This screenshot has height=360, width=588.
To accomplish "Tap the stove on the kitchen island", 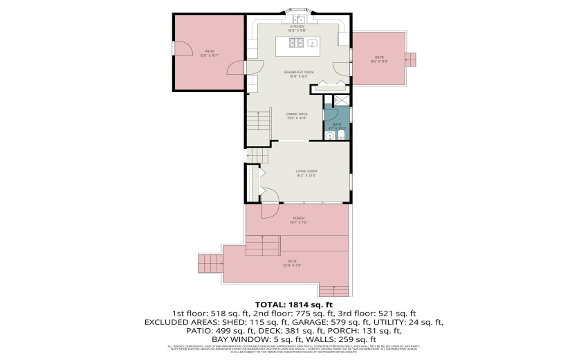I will point(295,44).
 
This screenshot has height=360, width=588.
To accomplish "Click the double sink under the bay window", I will point(297,19).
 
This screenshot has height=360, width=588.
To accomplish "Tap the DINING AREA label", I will point(297,115).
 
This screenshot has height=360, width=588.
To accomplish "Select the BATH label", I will point(337,125).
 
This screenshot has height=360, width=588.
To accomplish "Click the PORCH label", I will point(299,219).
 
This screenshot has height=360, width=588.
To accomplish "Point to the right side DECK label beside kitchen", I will point(379,58).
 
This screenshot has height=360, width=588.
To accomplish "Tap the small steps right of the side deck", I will point(411,58).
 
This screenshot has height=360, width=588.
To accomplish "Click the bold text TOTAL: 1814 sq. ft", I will point(294,305).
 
